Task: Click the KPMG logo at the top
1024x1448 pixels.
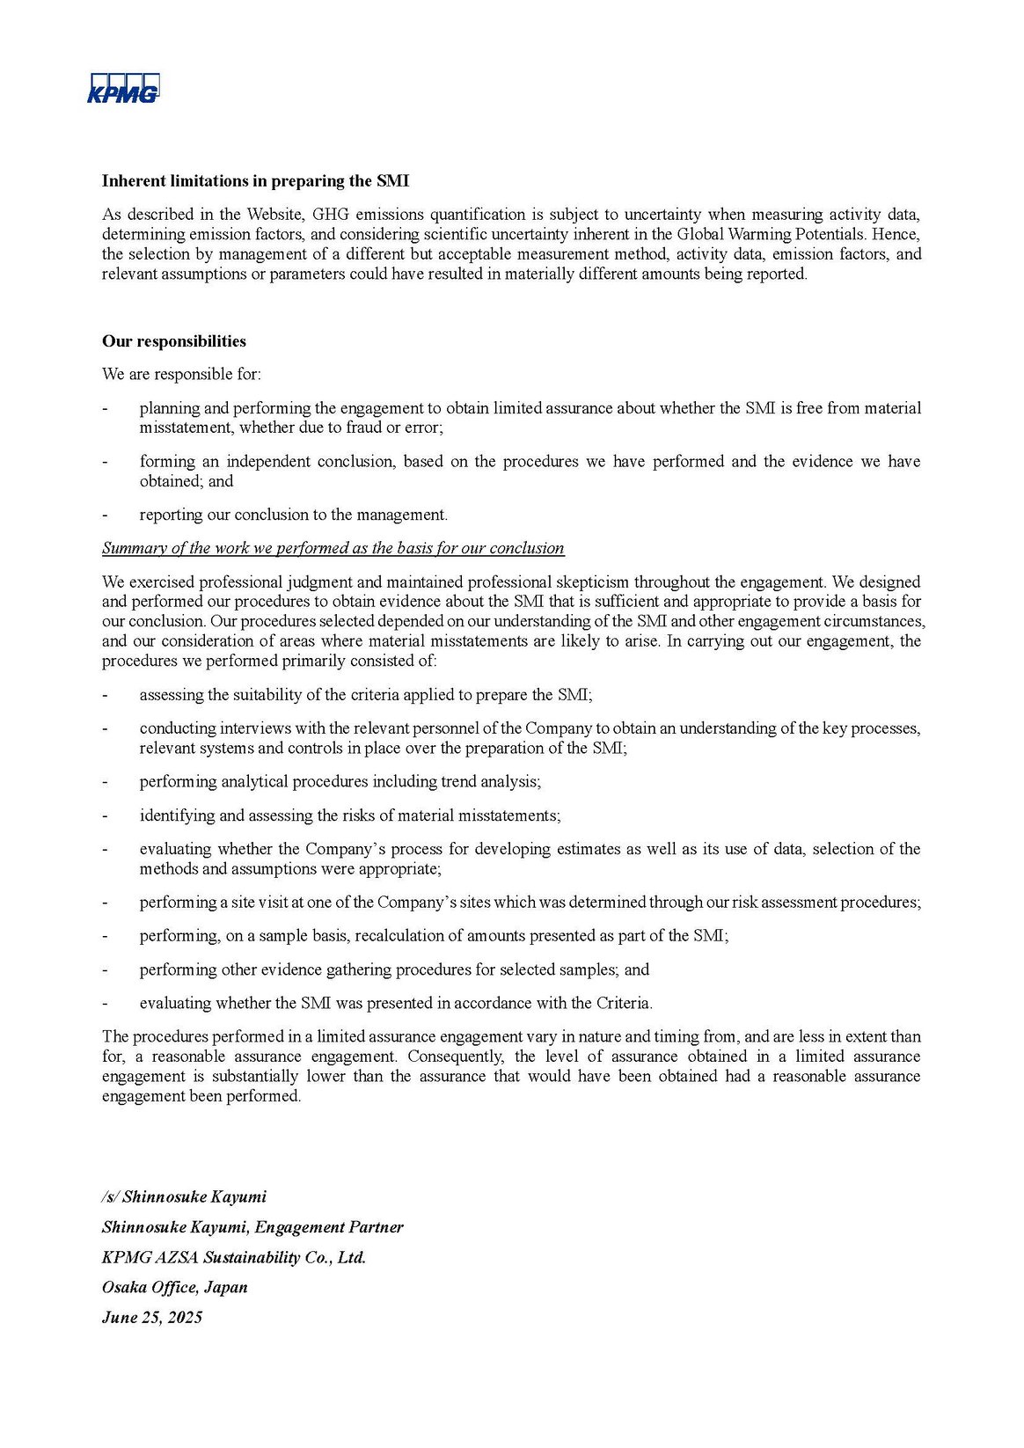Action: click(x=123, y=89)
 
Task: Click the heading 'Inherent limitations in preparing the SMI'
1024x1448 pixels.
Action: click(x=255, y=181)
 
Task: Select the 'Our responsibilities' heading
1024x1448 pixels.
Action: click(x=174, y=341)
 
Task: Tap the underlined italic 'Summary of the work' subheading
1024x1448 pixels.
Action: click(x=333, y=548)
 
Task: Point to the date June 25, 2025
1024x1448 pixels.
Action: click(x=152, y=1317)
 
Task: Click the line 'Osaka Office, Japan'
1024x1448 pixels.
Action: click(x=175, y=1287)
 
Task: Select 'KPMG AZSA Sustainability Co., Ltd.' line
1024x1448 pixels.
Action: click(x=234, y=1257)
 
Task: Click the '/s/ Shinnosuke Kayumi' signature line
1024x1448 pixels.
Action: click(x=184, y=1196)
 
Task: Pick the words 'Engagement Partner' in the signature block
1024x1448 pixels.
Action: click(x=329, y=1227)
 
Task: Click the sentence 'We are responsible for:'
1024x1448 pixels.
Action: click(x=181, y=375)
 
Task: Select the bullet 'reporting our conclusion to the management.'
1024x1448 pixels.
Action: click(x=293, y=516)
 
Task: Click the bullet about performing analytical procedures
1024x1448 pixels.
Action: click(x=340, y=782)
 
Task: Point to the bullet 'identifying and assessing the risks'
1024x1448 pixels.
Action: click(x=349, y=815)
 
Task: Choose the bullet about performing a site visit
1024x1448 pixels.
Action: click(x=530, y=903)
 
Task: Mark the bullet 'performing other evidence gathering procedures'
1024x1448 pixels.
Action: click(x=393, y=969)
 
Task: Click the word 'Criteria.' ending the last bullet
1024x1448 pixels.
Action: click(x=624, y=1003)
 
